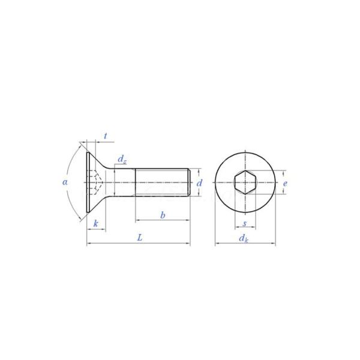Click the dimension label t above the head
(x=105, y=136)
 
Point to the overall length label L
(x=140, y=238)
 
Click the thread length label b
(x=162, y=215)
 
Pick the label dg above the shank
(x=122, y=159)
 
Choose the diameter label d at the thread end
(x=200, y=182)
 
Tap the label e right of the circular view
(x=286, y=183)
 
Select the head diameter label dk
(x=243, y=239)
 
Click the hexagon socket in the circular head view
(x=245, y=182)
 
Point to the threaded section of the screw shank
(x=162, y=182)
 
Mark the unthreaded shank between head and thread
(x=124, y=182)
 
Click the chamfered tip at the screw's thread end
(x=190, y=182)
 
